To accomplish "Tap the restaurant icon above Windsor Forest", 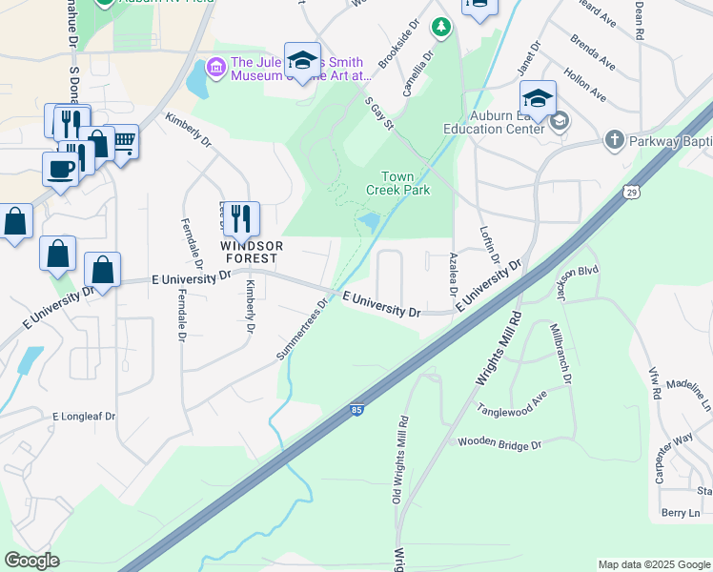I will (x=240, y=218).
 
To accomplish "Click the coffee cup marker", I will (x=60, y=169).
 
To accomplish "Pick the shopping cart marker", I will (x=123, y=143).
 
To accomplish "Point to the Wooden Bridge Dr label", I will (x=499, y=444).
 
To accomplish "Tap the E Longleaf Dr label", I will (x=84, y=417).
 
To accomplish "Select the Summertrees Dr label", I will (x=302, y=328).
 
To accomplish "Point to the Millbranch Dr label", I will (x=560, y=353).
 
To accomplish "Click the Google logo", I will (x=32, y=561).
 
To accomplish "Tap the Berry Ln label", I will (x=681, y=513).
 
